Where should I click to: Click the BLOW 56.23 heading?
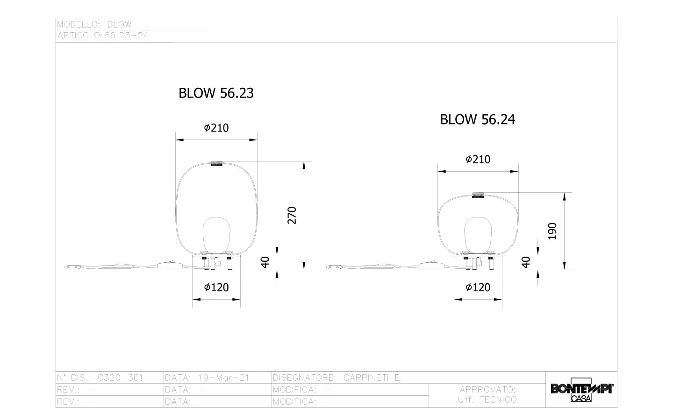coord(216,93)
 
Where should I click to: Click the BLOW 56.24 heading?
coord(478,119)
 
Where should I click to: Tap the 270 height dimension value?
coord(292,216)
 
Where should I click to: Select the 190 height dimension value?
coord(552,231)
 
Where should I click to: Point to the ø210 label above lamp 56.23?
coord(216,128)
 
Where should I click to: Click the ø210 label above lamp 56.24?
coord(478,159)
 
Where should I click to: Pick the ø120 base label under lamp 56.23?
coord(216,287)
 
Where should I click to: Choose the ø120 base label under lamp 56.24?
coord(478,287)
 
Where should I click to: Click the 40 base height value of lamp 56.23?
coord(265,262)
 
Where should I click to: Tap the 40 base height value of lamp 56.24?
coord(526,262)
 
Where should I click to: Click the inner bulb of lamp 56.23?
coord(217,236)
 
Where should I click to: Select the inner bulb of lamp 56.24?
coord(478,236)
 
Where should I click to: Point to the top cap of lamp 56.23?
coord(217,163)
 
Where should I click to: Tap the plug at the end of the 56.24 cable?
coord(334,267)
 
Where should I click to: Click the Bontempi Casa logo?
coord(582,390)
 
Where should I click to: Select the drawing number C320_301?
coord(120,378)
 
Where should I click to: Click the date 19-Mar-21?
coord(223,378)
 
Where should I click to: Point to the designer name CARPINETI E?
coord(372,378)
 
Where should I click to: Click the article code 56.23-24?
coord(127,35)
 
